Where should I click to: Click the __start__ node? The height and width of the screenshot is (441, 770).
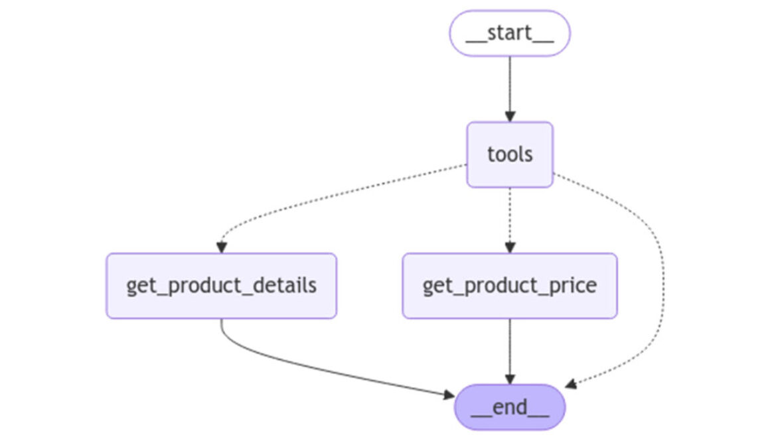point(509,33)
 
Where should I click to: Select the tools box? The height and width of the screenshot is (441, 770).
point(509,155)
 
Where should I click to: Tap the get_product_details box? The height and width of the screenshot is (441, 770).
point(221,286)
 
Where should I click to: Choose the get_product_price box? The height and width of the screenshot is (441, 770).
point(509,286)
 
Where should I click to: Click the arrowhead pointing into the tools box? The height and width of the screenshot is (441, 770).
point(509,116)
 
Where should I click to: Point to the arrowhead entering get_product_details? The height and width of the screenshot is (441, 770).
point(221,247)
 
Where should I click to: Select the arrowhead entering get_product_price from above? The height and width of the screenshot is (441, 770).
point(509,247)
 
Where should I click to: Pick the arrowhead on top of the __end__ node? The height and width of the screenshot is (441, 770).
point(509,379)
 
